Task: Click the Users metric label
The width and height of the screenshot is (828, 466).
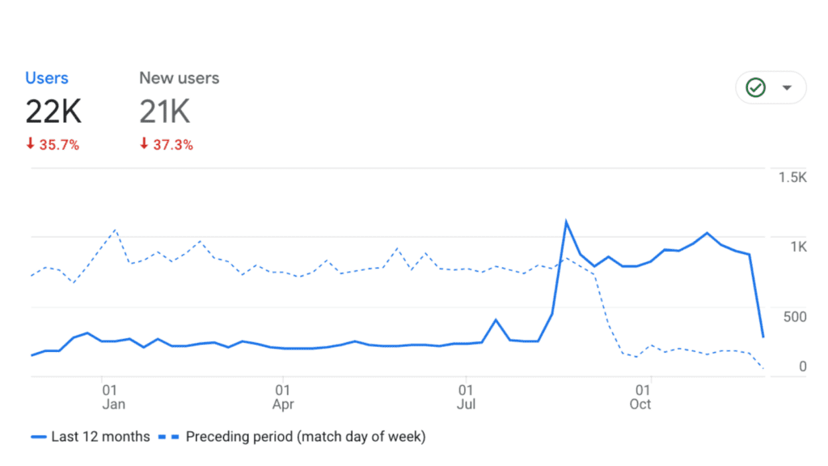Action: point(47,78)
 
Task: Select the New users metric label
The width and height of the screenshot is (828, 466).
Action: point(179,78)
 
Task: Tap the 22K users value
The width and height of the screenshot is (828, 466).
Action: point(53,112)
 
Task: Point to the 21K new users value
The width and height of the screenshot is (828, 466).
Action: point(165,112)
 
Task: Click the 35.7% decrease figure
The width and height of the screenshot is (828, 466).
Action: point(53,146)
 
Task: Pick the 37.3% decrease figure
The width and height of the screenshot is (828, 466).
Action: point(167,146)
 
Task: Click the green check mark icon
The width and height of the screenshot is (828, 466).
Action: point(755,87)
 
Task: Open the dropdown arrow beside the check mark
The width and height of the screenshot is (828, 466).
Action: point(787,87)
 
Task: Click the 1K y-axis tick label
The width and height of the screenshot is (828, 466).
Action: point(797,247)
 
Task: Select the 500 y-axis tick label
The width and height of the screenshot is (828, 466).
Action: point(796,316)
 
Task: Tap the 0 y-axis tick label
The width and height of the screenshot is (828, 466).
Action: point(802,366)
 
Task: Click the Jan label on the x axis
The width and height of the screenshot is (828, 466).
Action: point(113,404)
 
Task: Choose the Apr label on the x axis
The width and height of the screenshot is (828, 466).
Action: point(283,404)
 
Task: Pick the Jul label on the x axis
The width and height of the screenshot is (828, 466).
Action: point(466,404)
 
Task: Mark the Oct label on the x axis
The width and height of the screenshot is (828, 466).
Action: point(640,404)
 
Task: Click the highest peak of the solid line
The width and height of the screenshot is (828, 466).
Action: point(566,221)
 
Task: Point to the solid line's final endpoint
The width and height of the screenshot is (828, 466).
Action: point(763,337)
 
